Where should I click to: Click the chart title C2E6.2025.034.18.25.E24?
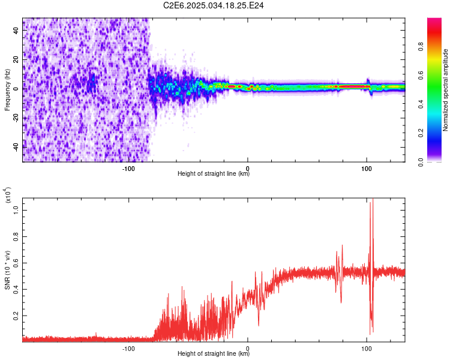(214, 5)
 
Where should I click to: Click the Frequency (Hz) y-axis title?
(7, 90)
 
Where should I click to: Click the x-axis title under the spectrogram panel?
(214, 174)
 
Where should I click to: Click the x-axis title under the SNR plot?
(214, 354)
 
